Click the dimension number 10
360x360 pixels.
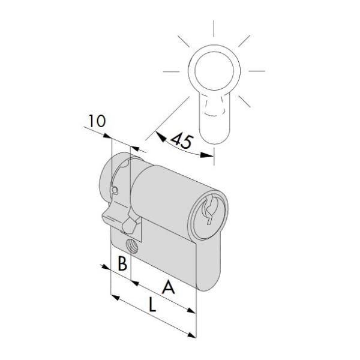click(95, 121)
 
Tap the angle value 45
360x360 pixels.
click(181, 141)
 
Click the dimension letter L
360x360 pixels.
click(152, 305)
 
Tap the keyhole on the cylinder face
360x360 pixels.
click(209, 211)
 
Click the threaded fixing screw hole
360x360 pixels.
click(132, 244)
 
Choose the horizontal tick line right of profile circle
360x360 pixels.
click(256, 71)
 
